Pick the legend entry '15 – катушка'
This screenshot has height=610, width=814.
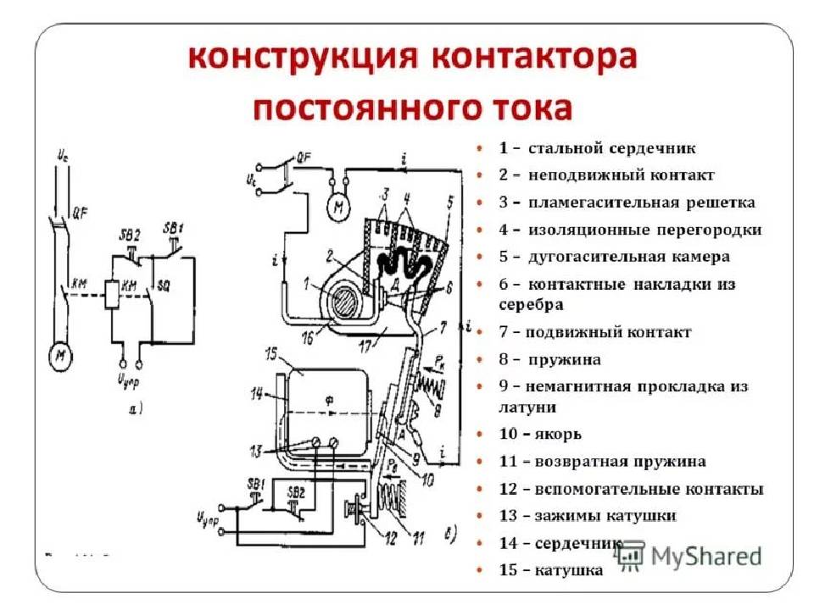coord(551,570)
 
